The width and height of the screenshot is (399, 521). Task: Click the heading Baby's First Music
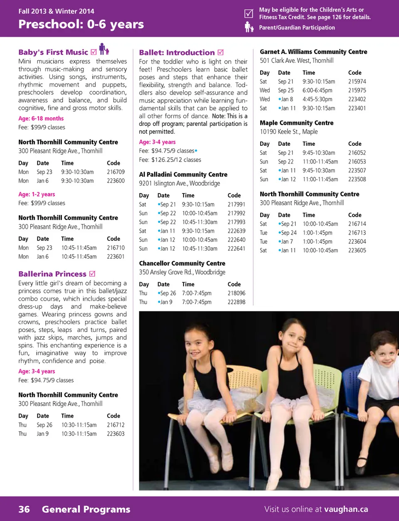[53, 52]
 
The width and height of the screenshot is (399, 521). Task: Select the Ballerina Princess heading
[52, 274]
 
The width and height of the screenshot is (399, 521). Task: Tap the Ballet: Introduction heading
[177, 53]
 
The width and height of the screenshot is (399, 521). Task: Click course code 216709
[116, 172]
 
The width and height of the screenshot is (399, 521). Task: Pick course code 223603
[116, 434]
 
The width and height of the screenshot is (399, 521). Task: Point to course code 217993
[236, 222]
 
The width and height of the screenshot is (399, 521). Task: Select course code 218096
[236, 293]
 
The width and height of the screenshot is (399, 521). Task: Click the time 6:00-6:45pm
[317, 91]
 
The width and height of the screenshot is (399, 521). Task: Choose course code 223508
[357, 179]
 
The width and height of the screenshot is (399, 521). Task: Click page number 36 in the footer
[24, 509]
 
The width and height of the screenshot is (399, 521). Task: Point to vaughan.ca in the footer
[346, 509]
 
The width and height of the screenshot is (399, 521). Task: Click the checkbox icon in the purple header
[249, 13]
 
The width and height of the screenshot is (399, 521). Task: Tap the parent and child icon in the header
[249, 27]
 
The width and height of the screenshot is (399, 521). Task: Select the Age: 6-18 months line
[41, 119]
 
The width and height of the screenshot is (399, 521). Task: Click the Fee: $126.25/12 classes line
[170, 160]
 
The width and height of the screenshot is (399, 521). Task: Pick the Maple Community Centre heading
[296, 123]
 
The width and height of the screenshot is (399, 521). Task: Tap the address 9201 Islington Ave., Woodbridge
[180, 183]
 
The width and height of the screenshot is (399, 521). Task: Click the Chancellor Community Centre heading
[182, 264]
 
